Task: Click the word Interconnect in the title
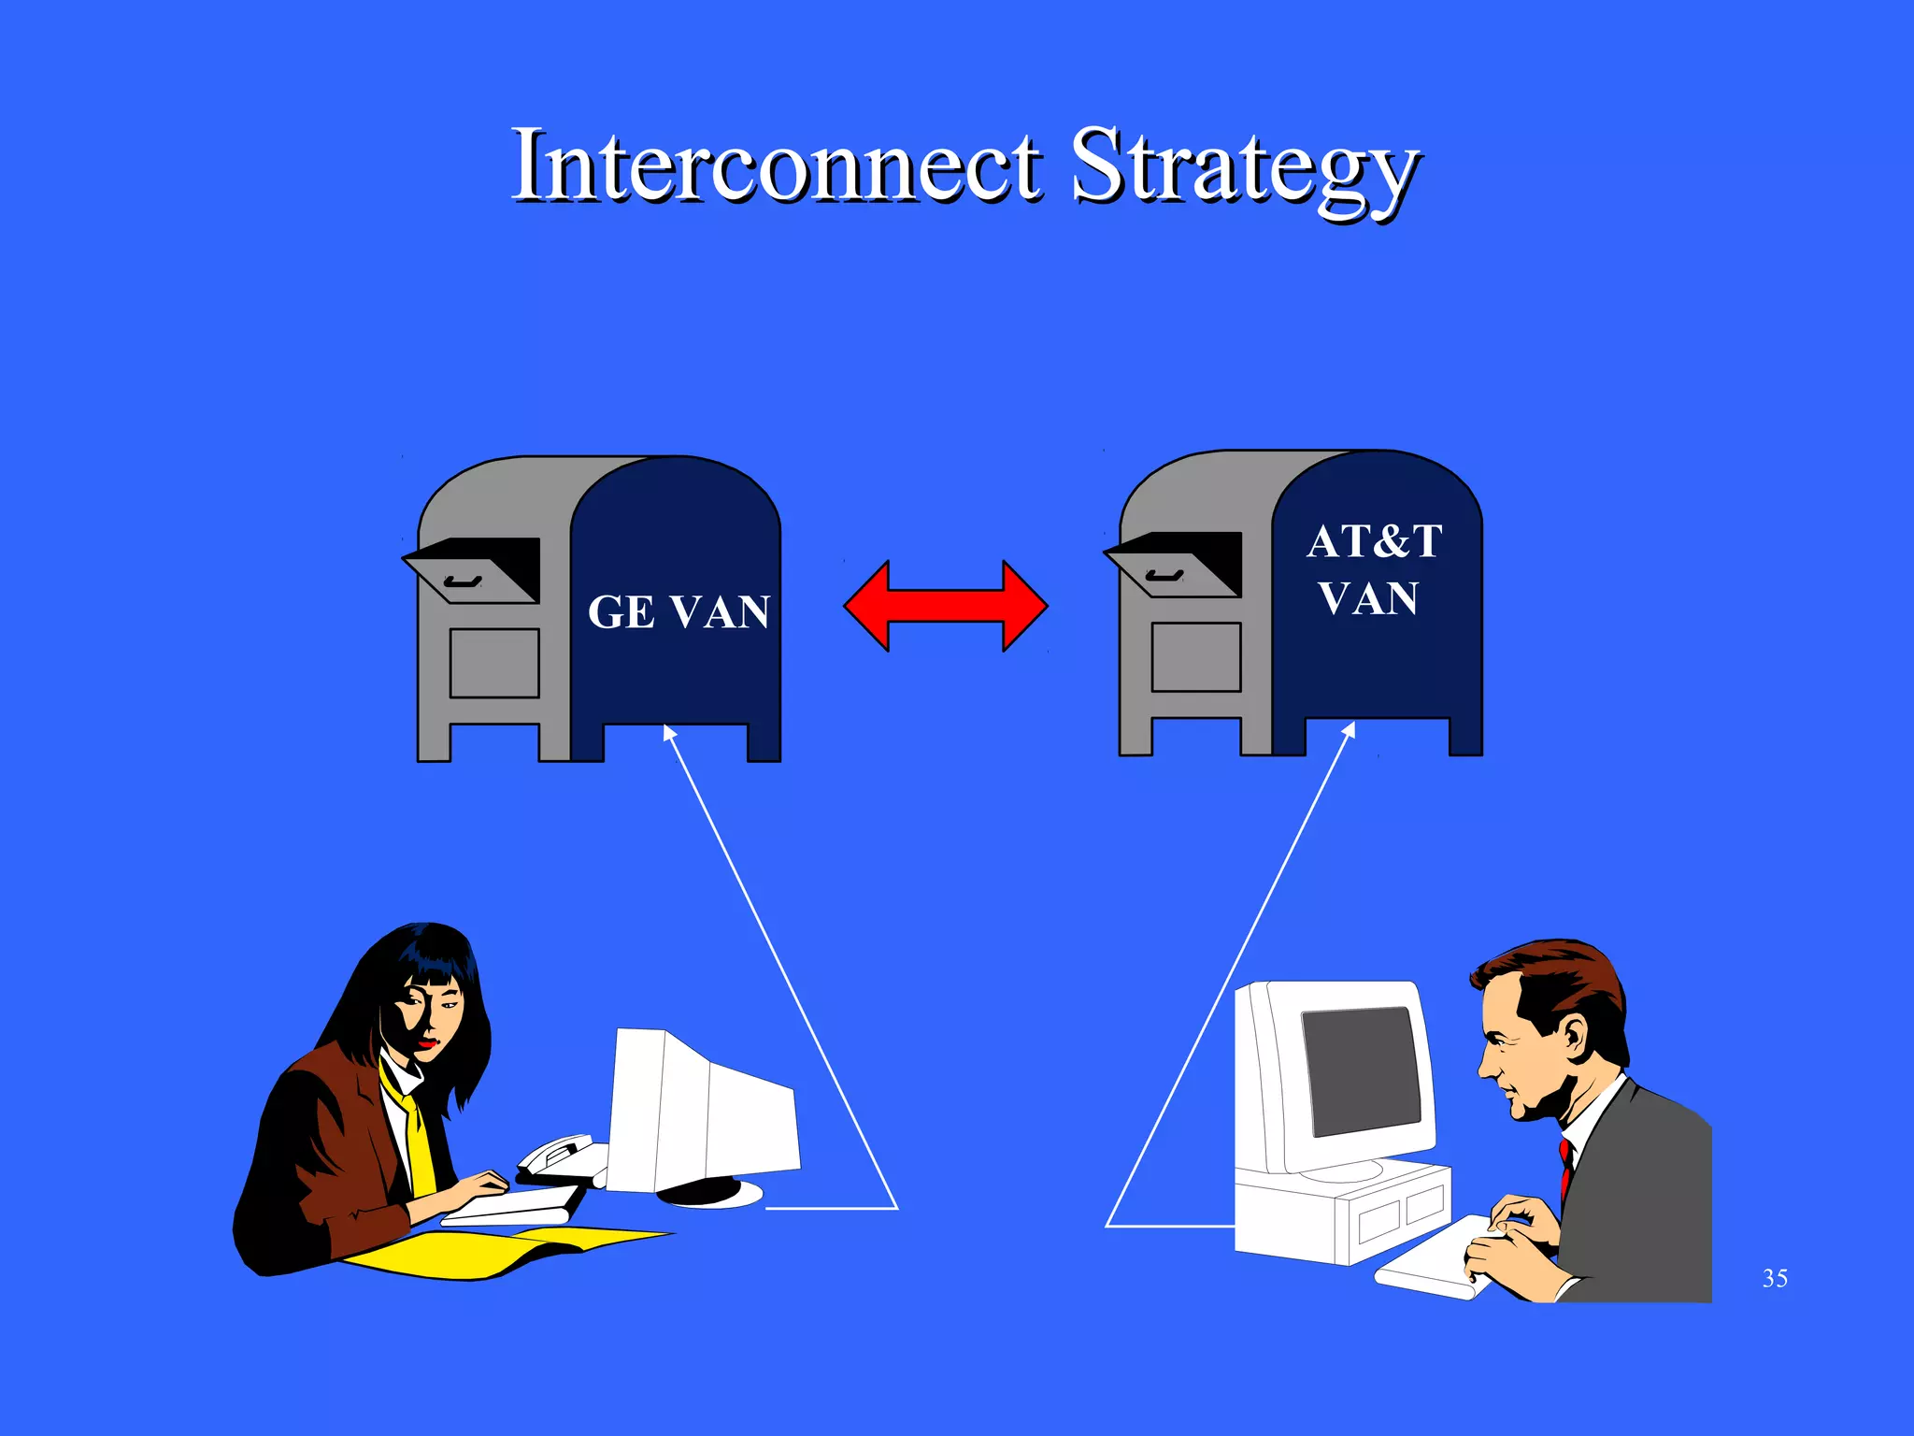point(776,166)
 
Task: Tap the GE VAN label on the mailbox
point(678,613)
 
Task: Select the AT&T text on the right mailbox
point(1374,542)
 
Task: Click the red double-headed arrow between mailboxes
point(945,606)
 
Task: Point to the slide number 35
point(1775,1278)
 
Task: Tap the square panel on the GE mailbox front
point(494,663)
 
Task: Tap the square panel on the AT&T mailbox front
point(1196,657)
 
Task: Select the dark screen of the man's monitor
point(1361,1070)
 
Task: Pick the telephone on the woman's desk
point(559,1156)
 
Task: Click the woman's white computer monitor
point(701,1113)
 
